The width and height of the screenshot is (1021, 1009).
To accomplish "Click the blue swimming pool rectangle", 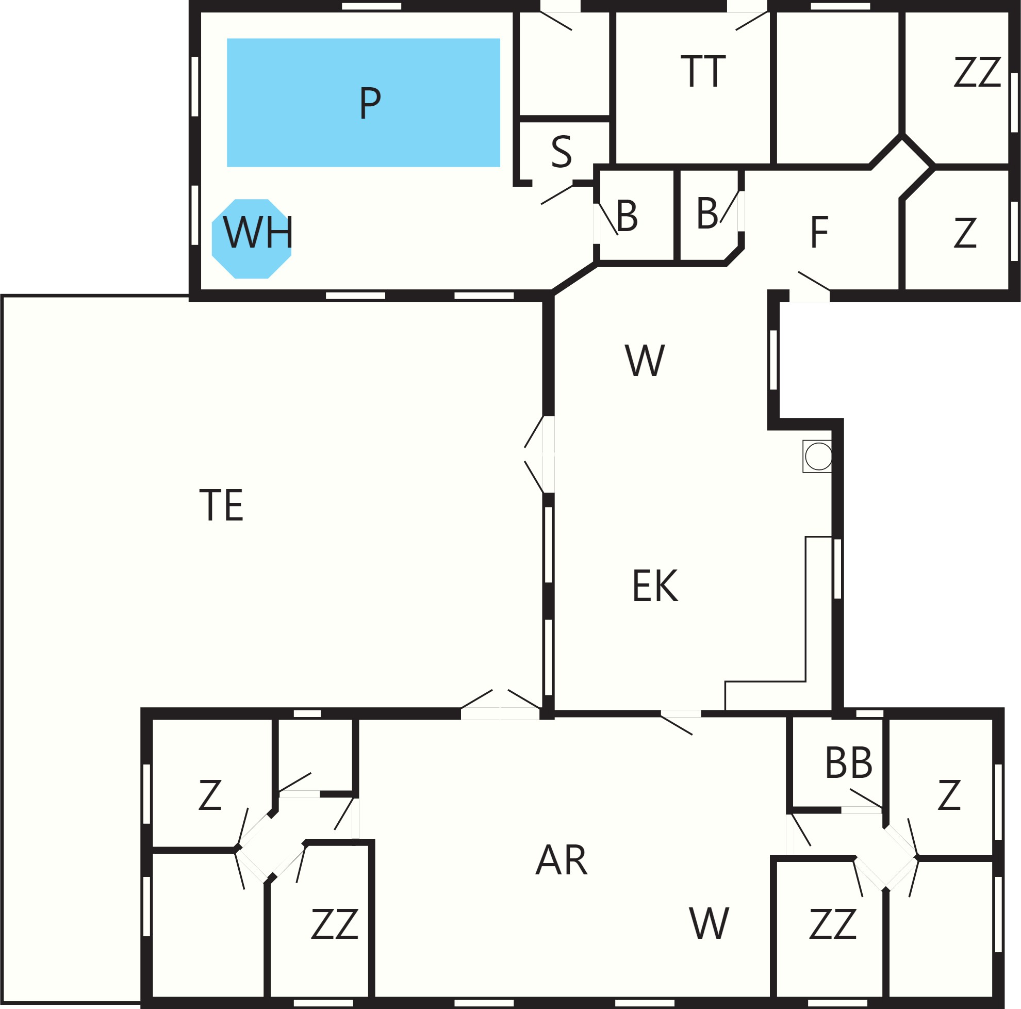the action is [x=363, y=103].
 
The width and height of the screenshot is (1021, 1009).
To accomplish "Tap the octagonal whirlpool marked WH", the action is [x=252, y=238].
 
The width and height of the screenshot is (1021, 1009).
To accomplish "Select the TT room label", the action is [x=703, y=71].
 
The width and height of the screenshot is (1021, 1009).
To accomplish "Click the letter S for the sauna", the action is [x=561, y=152].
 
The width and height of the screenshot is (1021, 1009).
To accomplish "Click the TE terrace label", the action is [x=221, y=505].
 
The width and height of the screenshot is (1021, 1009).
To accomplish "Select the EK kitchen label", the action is [x=655, y=585].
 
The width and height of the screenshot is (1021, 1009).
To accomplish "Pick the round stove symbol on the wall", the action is [x=818, y=456].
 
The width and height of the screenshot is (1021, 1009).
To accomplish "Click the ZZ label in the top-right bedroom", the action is [x=977, y=72].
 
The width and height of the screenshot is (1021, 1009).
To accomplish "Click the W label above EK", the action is [x=644, y=361].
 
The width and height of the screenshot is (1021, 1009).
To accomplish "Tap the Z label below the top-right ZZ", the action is [x=965, y=233].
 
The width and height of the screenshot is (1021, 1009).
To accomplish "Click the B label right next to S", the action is [x=627, y=216].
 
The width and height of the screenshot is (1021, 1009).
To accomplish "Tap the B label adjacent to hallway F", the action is [x=707, y=213].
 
